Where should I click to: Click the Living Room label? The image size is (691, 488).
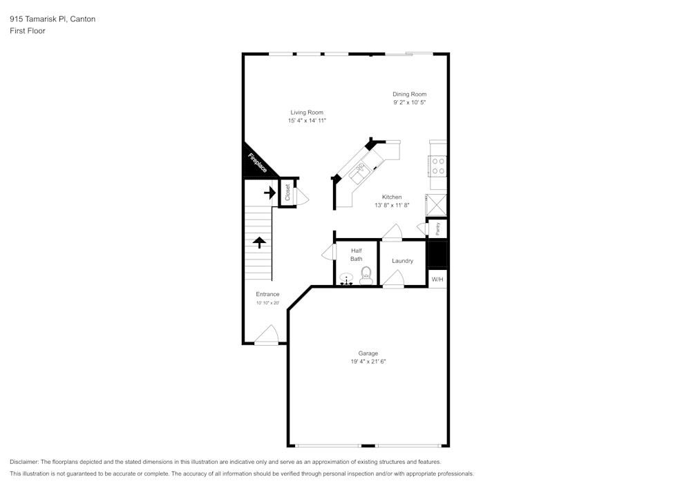pyautogui.click(x=306, y=113)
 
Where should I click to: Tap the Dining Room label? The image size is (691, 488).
pyautogui.click(x=409, y=95)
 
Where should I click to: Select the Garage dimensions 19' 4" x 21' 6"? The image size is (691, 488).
pyautogui.click(x=368, y=361)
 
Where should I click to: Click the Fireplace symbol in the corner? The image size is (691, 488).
pyautogui.click(x=257, y=163)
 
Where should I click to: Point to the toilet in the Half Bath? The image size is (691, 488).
pyautogui.click(x=366, y=275)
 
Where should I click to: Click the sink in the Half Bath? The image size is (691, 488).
pyautogui.click(x=347, y=279)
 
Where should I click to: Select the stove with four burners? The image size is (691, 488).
pyautogui.click(x=438, y=166)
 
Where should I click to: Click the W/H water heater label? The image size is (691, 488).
pyautogui.click(x=437, y=280)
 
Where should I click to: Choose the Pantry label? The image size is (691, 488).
pyautogui.click(x=437, y=228)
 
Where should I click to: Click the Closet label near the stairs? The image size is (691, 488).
pyautogui.click(x=287, y=193)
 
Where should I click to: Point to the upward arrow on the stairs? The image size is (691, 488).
pyautogui.click(x=259, y=242)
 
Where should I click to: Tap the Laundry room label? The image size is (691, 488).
pyautogui.click(x=402, y=261)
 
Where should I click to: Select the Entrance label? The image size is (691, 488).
pyautogui.click(x=267, y=294)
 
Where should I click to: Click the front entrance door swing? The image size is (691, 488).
pyautogui.click(x=266, y=337)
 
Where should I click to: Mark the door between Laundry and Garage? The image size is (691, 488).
pyautogui.click(x=393, y=279)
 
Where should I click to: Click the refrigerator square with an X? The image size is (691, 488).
pyautogui.click(x=437, y=205)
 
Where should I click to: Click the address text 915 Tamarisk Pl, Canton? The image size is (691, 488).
pyautogui.click(x=53, y=19)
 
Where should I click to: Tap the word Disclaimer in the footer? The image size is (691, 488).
pyautogui.click(x=24, y=462)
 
